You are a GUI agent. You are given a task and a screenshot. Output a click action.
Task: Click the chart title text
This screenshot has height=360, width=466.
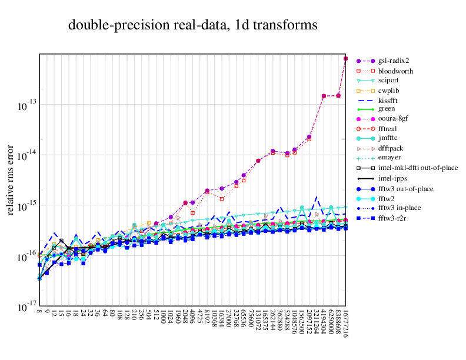pos(193,25)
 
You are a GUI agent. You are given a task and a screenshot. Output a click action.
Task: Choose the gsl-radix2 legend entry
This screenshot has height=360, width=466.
pos(394,61)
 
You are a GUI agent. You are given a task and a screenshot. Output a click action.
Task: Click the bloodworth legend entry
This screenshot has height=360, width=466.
pos(395,71)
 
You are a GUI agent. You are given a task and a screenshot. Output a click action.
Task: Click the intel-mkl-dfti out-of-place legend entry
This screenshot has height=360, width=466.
pos(418,168)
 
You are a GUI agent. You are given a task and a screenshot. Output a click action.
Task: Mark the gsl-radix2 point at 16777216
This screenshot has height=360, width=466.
pos(346,59)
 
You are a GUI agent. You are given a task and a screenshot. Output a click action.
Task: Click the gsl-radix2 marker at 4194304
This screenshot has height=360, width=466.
pos(324,96)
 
